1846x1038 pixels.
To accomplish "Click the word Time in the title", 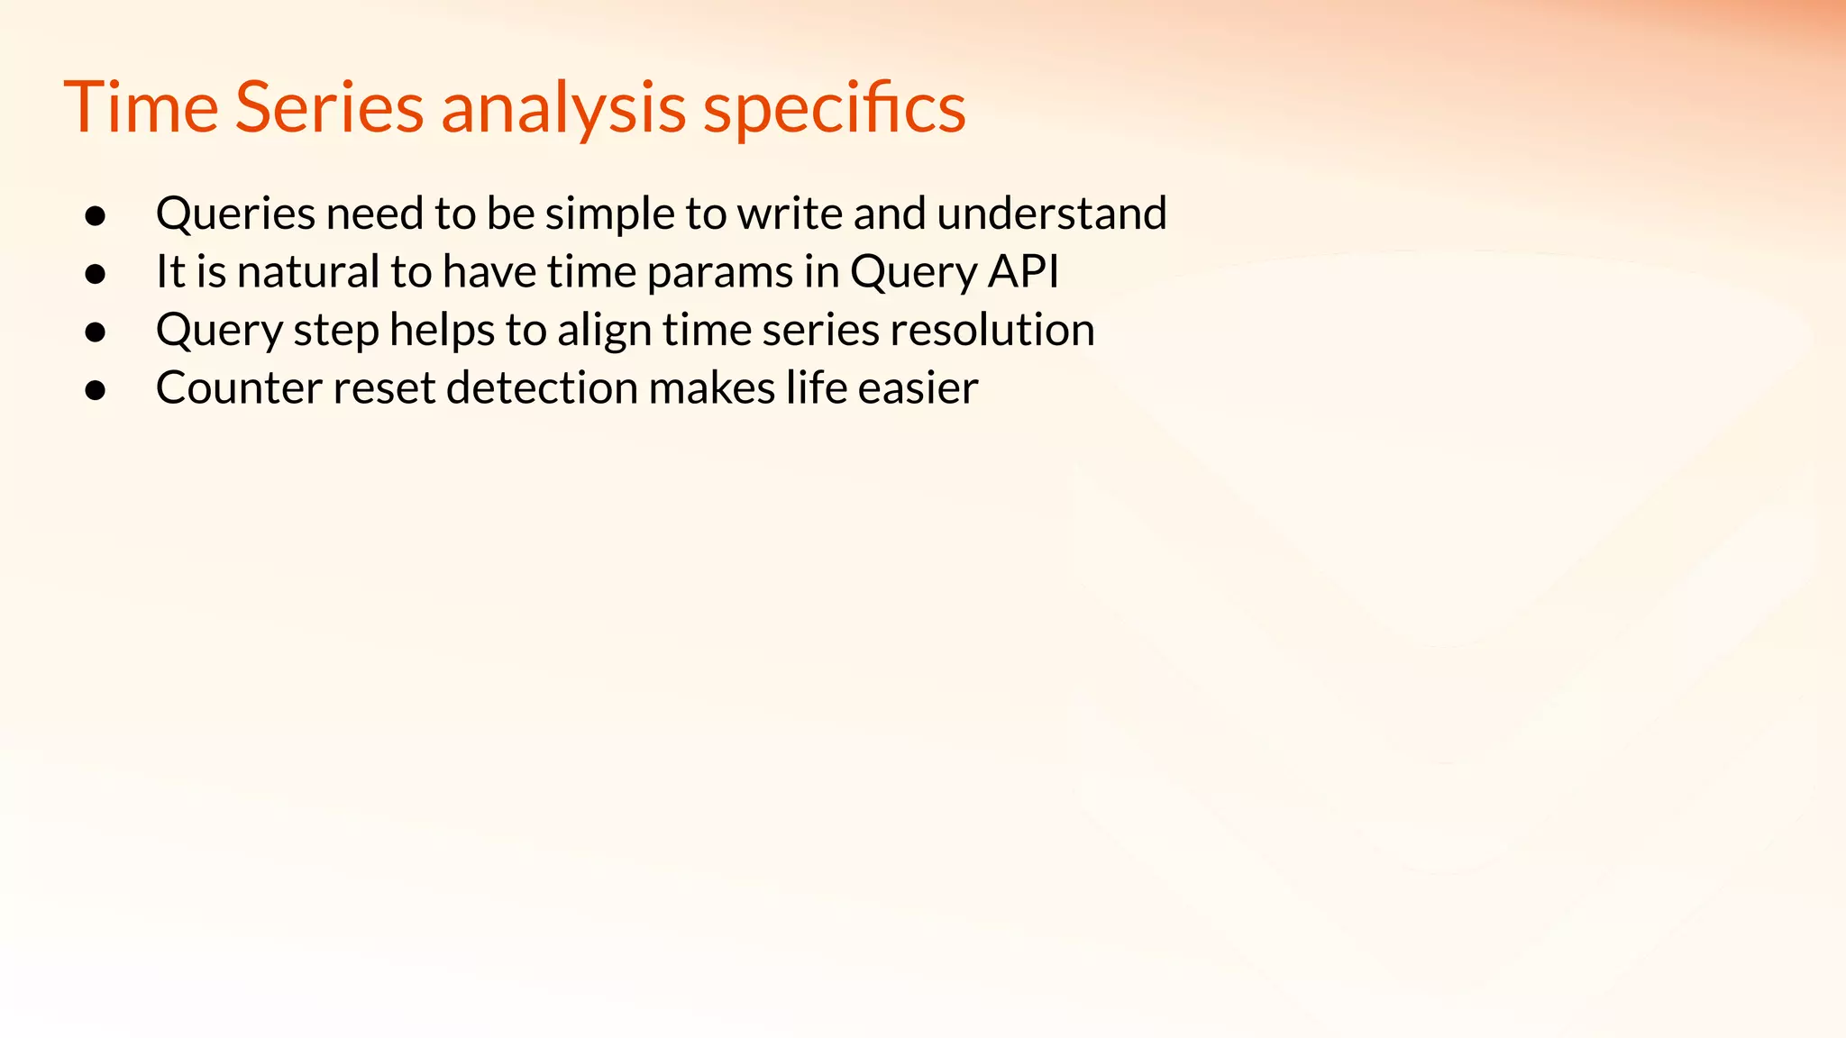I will [142, 107].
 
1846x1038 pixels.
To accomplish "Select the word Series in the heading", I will [329, 107].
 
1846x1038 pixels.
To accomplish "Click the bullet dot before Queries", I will [96, 216].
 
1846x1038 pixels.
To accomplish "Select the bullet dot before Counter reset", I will [96, 390].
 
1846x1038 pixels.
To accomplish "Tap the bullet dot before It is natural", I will [96, 274].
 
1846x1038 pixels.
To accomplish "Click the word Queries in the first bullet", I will [235, 214].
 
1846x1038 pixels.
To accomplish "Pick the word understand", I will [1052, 214].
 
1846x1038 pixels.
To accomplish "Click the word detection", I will [542, 388].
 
